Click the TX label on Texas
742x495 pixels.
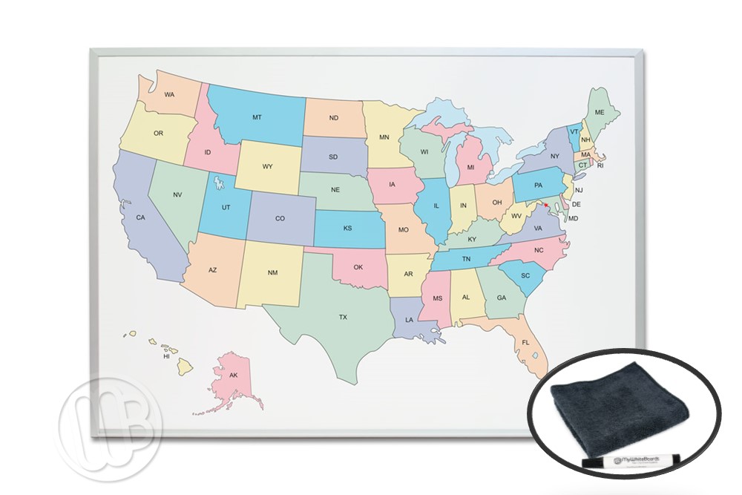click(343, 317)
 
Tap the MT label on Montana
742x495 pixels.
click(257, 117)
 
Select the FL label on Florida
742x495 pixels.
click(525, 343)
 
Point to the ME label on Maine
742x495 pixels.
click(600, 112)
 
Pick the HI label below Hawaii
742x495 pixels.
click(167, 357)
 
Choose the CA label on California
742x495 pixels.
click(139, 217)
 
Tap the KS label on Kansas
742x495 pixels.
click(347, 229)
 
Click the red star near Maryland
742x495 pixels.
click(547, 205)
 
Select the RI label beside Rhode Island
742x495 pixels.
click(601, 165)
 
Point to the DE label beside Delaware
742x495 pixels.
click(576, 204)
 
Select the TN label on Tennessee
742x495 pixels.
click(466, 259)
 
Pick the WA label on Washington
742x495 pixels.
click(169, 95)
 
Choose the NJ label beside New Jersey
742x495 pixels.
click(579, 190)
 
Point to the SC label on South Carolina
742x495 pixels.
click(525, 275)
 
